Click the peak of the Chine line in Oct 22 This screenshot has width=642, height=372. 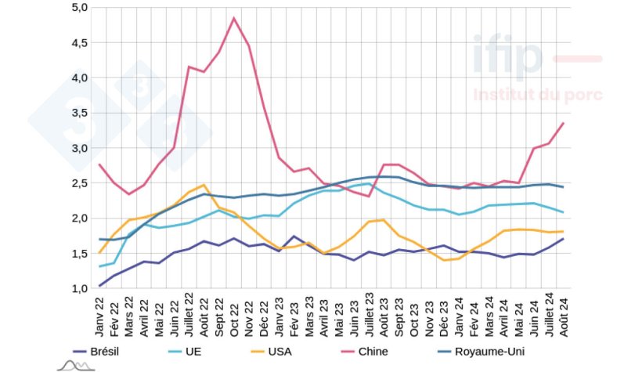pos(234,18)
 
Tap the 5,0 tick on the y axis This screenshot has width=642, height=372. pos(79,8)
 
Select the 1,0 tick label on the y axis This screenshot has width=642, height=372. pos(79,289)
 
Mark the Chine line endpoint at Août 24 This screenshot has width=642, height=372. pos(562,124)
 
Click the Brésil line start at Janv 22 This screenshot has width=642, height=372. pos(100,286)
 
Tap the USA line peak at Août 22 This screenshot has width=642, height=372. pos(204,186)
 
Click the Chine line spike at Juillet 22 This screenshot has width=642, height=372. pos(189,67)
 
